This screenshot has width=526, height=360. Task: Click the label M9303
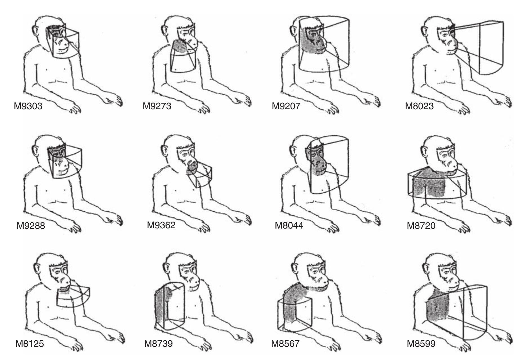(x=28, y=106)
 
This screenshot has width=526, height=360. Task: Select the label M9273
(x=157, y=106)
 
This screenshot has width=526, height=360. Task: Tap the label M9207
(x=286, y=106)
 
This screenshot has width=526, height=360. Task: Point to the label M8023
(x=419, y=106)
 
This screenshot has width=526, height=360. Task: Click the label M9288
(x=31, y=226)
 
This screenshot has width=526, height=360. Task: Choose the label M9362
(x=161, y=225)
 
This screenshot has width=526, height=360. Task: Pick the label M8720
(x=421, y=226)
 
